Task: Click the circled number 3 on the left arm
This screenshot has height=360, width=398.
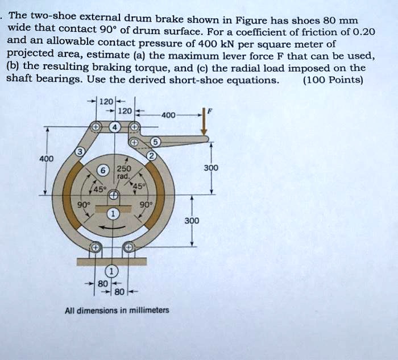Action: tap(81, 152)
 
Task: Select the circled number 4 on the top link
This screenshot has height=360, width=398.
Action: tap(115, 127)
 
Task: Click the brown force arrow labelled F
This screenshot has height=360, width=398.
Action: tap(205, 125)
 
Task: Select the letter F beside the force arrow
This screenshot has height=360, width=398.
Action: tap(209, 112)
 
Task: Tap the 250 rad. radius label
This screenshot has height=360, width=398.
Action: tap(123, 172)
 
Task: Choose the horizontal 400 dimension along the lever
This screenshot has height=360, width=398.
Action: tap(168, 115)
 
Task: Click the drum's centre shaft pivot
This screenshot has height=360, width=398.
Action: tap(114, 196)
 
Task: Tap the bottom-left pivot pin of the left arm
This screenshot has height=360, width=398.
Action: tap(95, 247)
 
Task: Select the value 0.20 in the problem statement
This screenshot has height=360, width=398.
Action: tap(360, 31)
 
